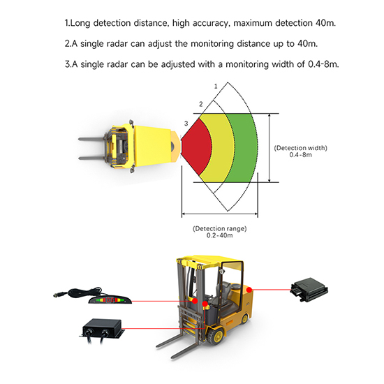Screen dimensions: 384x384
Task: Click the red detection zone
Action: pos(197,147)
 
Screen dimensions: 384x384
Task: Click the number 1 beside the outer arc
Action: pos(216,86)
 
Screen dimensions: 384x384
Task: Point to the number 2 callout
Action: pos(201,104)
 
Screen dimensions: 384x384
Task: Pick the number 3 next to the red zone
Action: pos(186,124)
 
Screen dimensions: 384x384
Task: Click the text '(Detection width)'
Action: pos(300,148)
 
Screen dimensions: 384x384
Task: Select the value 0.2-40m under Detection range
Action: pos(219,235)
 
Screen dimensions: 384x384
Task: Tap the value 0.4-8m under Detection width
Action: pos(300,155)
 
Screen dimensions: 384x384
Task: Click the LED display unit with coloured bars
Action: pos(110,300)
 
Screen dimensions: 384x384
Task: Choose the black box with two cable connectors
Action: pos(102,330)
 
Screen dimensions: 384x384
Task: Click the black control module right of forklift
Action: pos(309,290)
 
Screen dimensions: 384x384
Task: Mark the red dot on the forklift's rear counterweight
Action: pos(249,290)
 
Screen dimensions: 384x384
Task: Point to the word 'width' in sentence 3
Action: pos(283,64)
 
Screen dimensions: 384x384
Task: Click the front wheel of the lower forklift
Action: pos(216,337)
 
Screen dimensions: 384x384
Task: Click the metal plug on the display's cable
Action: pos(59,295)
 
